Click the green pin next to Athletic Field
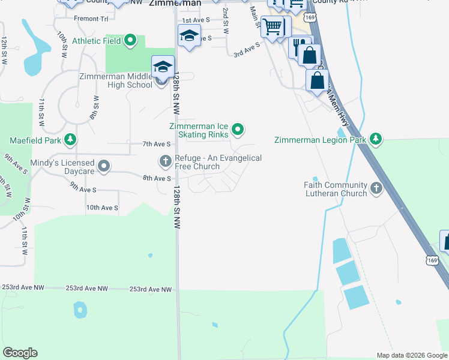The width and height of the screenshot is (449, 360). (x=130, y=41)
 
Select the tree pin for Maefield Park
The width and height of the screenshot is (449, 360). (x=71, y=140)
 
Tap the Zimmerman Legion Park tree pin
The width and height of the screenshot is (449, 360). (x=376, y=139)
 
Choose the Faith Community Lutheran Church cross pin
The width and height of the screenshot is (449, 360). (x=376, y=188)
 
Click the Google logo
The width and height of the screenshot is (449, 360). (x=20, y=353)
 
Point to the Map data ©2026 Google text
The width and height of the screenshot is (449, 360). (x=411, y=355)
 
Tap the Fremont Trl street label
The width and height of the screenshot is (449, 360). (x=91, y=19)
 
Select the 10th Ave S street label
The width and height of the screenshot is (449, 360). (x=102, y=208)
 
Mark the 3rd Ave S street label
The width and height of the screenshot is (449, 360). (x=247, y=49)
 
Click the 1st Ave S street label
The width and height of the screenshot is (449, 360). (x=196, y=20)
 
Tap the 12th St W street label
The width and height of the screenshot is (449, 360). (x=4, y=50)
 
